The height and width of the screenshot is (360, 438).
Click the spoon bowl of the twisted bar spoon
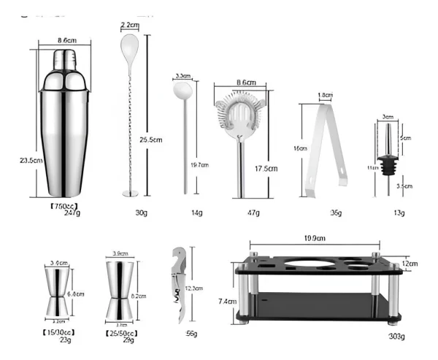pyautogui.click(x=128, y=51)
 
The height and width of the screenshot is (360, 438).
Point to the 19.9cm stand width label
pyautogui.click(x=315, y=237)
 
